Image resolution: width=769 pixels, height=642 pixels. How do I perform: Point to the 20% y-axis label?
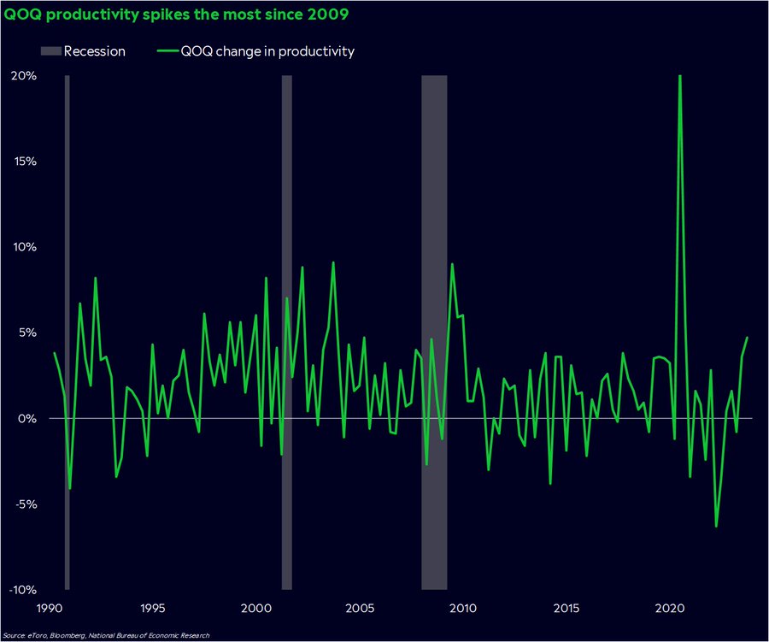coord(23,76)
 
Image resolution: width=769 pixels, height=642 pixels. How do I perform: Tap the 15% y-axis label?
coord(24,162)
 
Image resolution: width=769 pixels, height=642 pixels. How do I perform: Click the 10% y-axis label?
coord(23,247)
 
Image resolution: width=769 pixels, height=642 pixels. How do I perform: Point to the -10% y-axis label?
coord(21,590)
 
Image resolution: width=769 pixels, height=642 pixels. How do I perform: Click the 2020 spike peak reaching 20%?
coord(680,77)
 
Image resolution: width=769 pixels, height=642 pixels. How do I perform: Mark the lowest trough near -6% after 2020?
coord(716,526)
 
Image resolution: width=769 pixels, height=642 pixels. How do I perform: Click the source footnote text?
coord(106,635)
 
